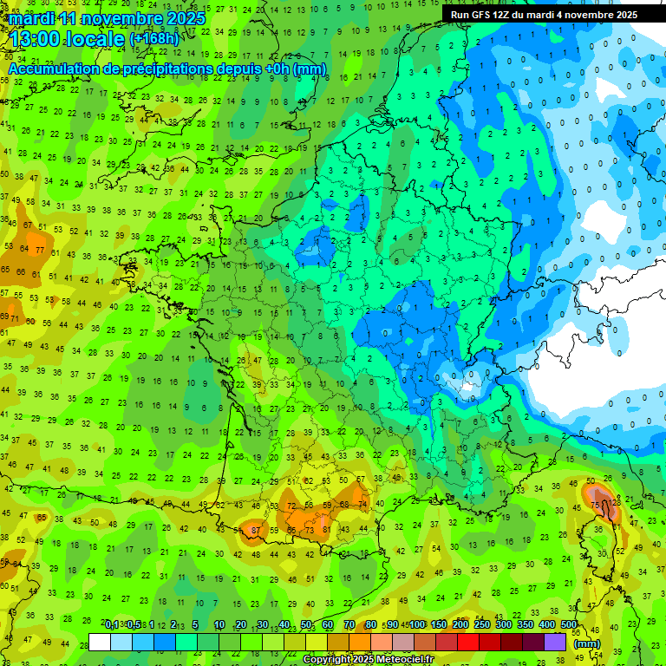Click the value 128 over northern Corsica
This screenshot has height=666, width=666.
coord(615,503)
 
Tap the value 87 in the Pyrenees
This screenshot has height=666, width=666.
coord(256,530)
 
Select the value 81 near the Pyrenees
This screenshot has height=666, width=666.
coord(326,529)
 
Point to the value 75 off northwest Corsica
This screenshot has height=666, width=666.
coord(595,504)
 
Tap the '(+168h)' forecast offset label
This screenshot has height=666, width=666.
coord(155,39)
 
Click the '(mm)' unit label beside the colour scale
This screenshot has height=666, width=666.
coord(587,643)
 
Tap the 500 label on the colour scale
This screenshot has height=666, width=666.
coord(569,624)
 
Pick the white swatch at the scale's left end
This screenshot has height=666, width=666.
coord(100,643)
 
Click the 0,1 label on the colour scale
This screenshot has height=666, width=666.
coord(113,624)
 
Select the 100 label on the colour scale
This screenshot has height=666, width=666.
coord(417,624)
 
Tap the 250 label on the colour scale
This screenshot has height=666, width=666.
coord(482,624)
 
